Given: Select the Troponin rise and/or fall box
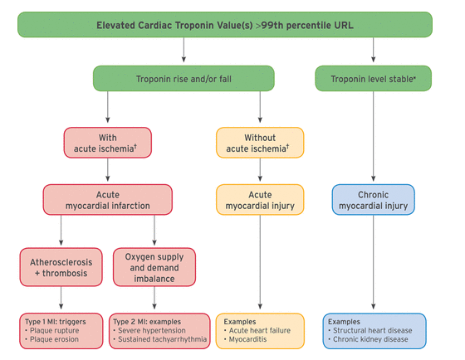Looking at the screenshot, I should click(182, 80).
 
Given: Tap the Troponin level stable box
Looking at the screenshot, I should click(373, 80).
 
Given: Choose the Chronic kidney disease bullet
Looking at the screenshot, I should click(370, 338).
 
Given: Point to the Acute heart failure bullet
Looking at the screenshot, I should click(260, 329).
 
